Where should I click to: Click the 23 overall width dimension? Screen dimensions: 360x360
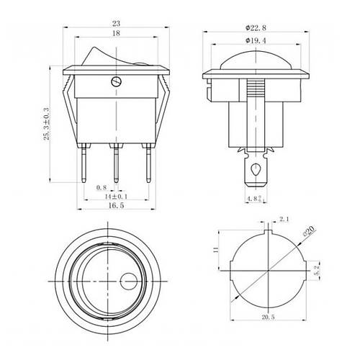(x=116, y=23)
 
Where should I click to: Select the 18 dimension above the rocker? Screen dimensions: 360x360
(x=116, y=33)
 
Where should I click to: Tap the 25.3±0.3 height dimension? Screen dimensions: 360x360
(x=46, y=124)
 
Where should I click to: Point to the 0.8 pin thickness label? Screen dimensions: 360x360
(x=102, y=187)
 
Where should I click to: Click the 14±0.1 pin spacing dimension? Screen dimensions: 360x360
(x=116, y=197)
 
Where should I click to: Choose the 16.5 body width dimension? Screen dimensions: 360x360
(x=116, y=205)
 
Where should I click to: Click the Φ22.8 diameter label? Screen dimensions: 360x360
(x=256, y=28)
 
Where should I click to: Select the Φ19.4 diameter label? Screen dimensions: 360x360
(x=256, y=40)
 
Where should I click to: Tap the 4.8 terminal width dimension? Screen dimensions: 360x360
(x=256, y=199)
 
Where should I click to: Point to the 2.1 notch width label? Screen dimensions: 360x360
(x=284, y=219)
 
